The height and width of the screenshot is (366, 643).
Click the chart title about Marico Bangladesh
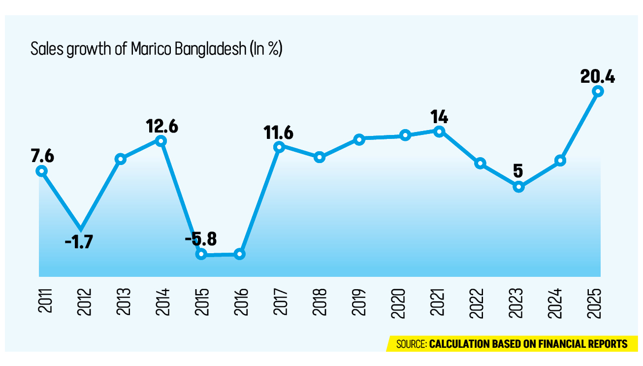pyautogui.click(x=157, y=49)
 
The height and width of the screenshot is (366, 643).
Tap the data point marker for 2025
pyautogui.click(x=598, y=91)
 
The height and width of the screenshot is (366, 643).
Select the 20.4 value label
pyautogui.click(x=598, y=77)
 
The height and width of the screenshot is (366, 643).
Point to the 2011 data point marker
pyautogui.click(x=42, y=171)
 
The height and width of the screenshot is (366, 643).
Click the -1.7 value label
pyautogui.click(x=79, y=242)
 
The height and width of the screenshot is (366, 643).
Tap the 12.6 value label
pyautogui.click(x=162, y=126)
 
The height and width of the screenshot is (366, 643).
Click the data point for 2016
pyautogui.click(x=240, y=254)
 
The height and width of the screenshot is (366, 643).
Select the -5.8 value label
pyautogui.click(x=201, y=239)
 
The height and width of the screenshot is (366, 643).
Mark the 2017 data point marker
pyautogui.click(x=279, y=147)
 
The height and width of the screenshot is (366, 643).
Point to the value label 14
pyautogui.click(x=439, y=117)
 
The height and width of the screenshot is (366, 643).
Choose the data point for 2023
pyautogui.click(x=519, y=187)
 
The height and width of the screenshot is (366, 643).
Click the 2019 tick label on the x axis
pyautogui.click(x=359, y=302)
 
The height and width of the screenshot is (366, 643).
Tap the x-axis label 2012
pyautogui.click(x=84, y=302)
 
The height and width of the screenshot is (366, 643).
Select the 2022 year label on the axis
pyautogui.click(x=477, y=303)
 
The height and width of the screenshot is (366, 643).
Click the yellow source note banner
pyautogui.click(x=512, y=344)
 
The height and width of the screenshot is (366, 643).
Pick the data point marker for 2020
pyautogui.click(x=405, y=135)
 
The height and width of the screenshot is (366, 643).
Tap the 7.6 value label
pyautogui.click(x=42, y=156)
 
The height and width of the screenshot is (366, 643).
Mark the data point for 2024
pyautogui.click(x=560, y=161)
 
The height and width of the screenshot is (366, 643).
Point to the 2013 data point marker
pyautogui.click(x=121, y=159)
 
